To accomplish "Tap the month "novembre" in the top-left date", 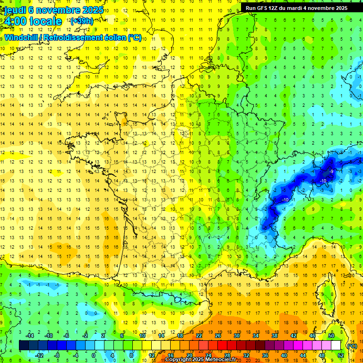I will tap(59, 10).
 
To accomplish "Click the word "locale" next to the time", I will tap(46, 21).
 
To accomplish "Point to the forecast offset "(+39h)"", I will tap(81, 21).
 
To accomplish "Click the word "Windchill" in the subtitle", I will tap(21, 37).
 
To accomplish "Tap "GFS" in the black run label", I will tap(262, 8).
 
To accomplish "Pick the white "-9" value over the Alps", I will tap(332, 171).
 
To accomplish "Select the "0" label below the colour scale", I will tap(94, 355).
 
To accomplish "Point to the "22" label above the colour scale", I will tap(199, 335).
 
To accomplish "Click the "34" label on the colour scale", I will tap(256, 335).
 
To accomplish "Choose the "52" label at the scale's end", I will tap(340, 355).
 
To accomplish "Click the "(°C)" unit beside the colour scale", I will tap(352, 346).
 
